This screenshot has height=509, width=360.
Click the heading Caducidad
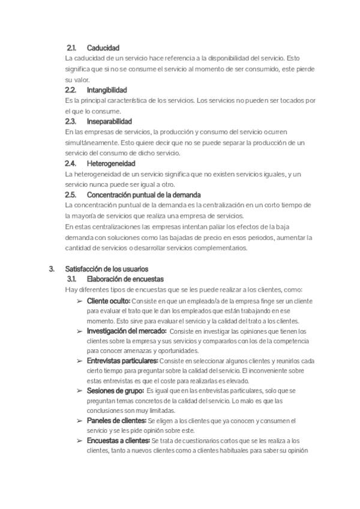coord(103,48)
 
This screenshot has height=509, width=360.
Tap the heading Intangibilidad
coord(107,90)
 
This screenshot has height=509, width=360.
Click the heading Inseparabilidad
coord(109,121)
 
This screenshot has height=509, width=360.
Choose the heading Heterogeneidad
coord(111,163)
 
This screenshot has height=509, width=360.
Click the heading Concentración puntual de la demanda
coord(144,195)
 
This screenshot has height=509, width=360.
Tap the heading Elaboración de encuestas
coord(125,279)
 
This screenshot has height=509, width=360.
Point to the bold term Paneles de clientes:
coord(116,421)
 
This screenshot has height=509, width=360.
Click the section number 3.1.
coord(71,279)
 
